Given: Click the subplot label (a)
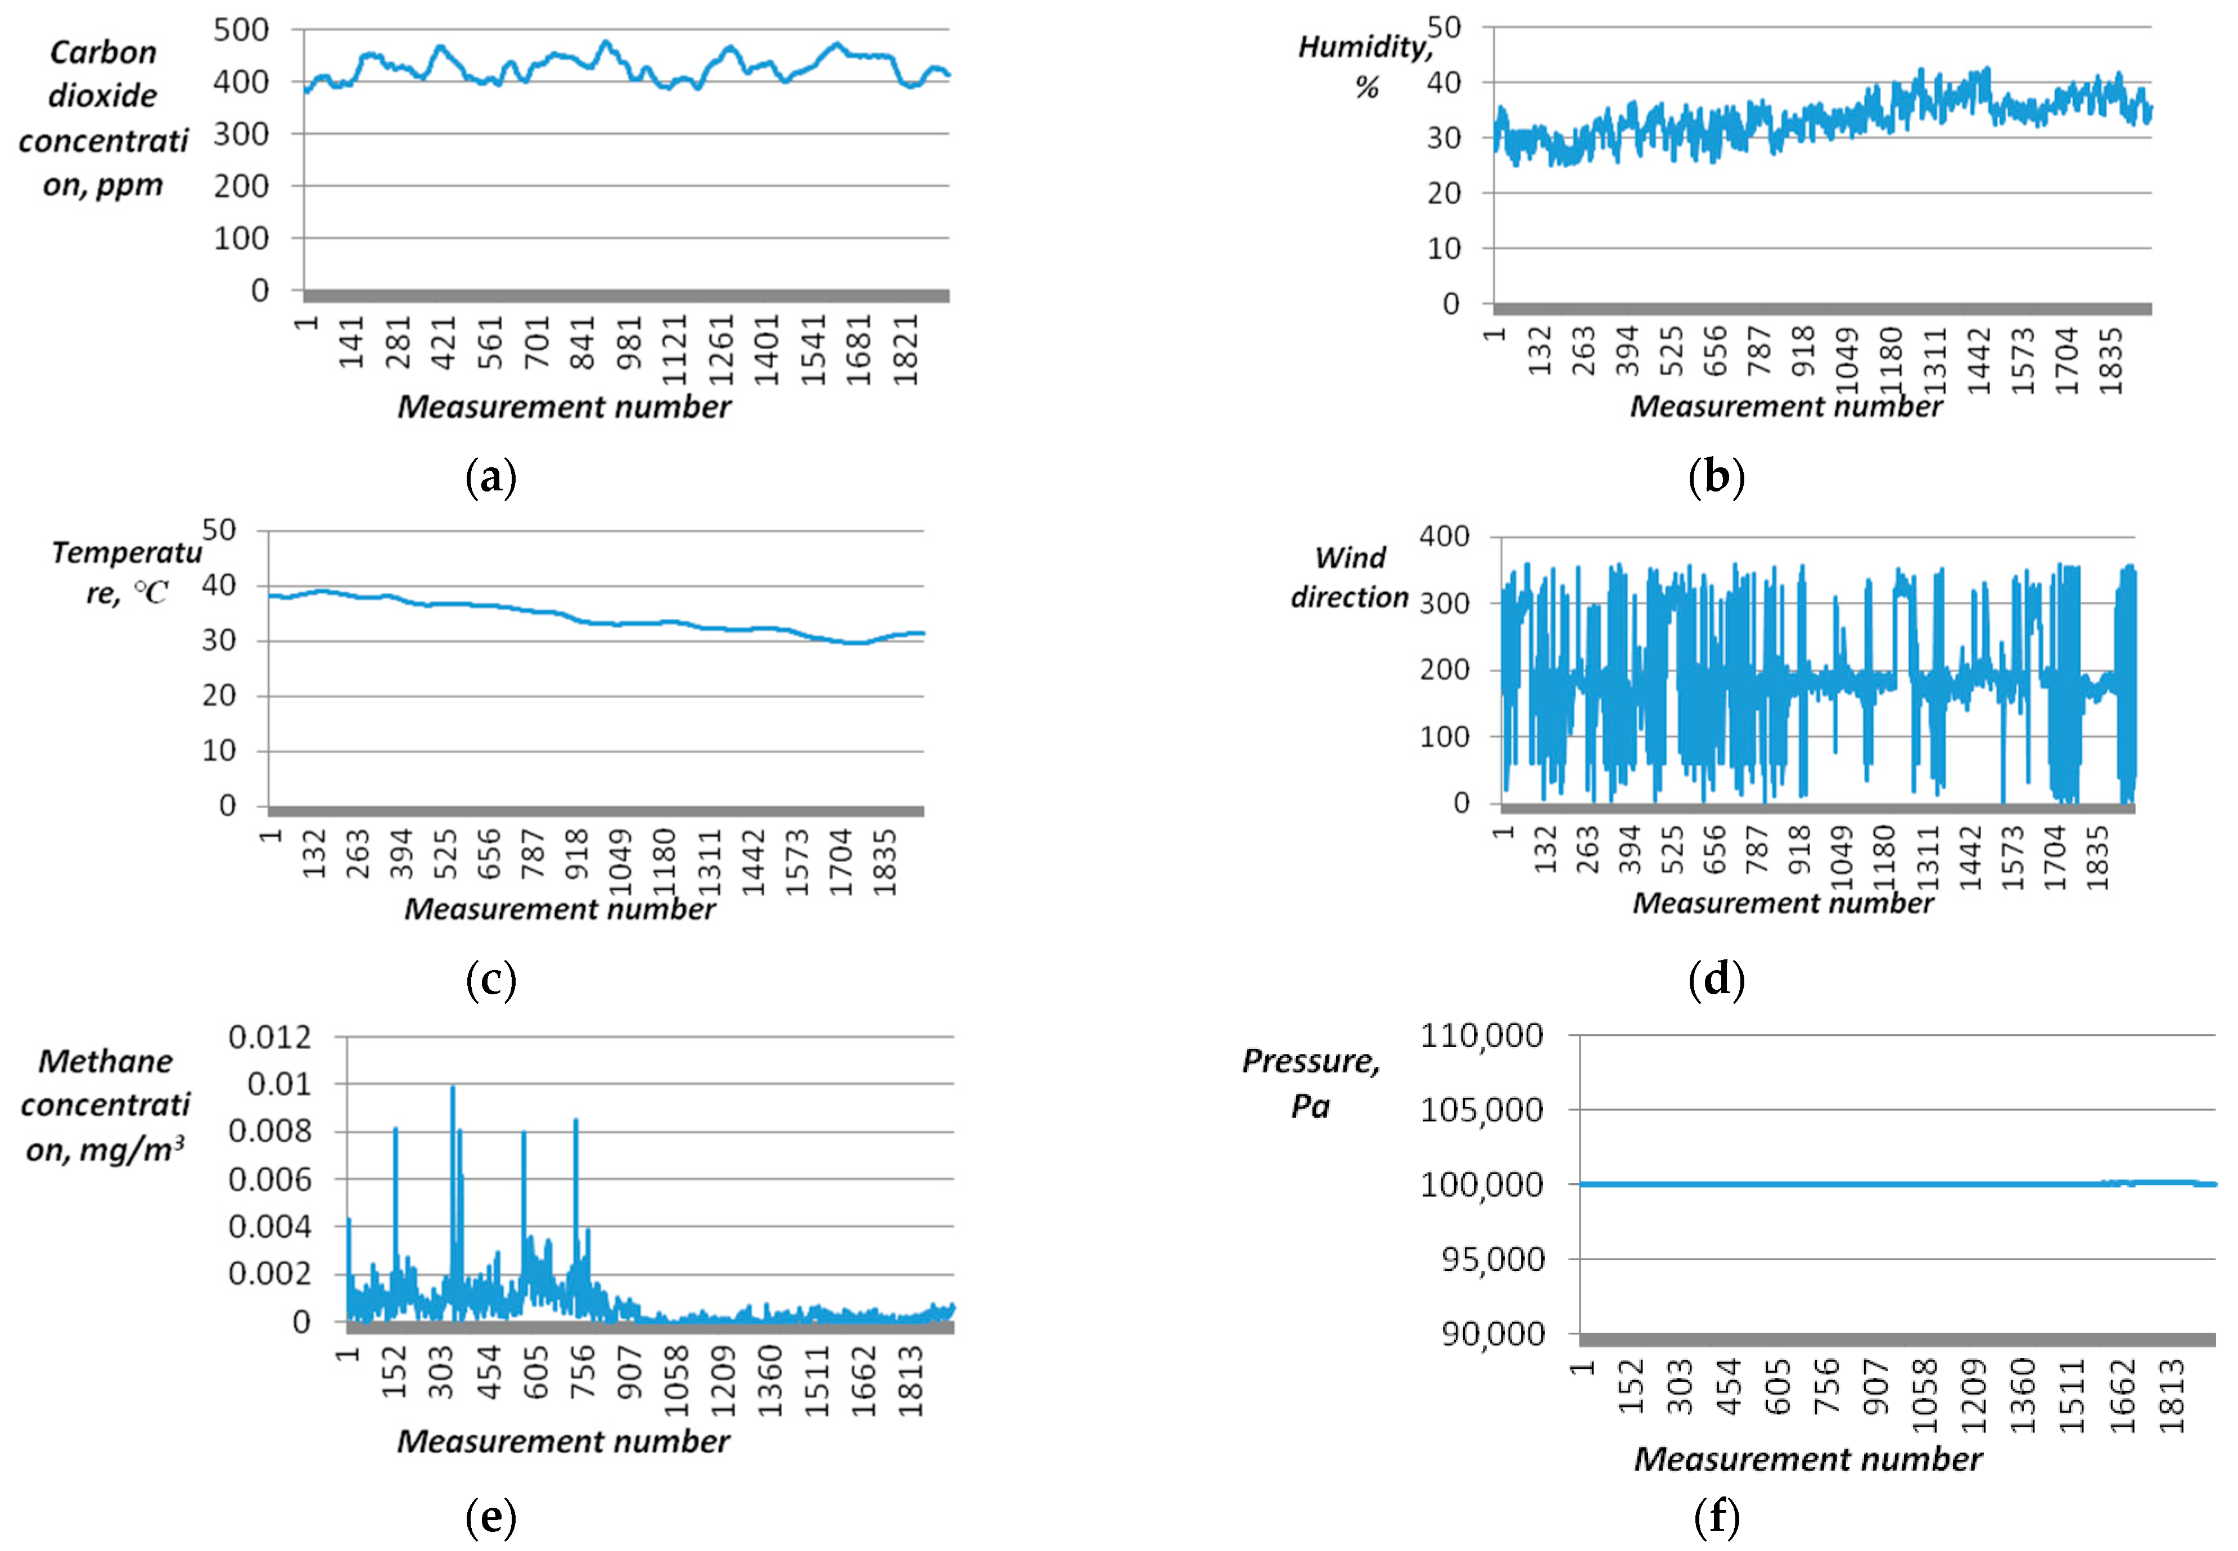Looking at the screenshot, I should click(x=491, y=478).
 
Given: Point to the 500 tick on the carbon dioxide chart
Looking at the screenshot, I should click(x=241, y=30).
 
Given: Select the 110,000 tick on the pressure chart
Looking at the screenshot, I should click(x=1481, y=1036).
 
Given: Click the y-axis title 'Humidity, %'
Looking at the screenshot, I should click(x=1365, y=66).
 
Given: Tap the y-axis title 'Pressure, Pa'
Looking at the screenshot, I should click(x=1311, y=1083).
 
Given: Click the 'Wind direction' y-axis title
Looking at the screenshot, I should click(x=1349, y=576).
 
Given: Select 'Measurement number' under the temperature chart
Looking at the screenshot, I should click(x=559, y=909).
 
